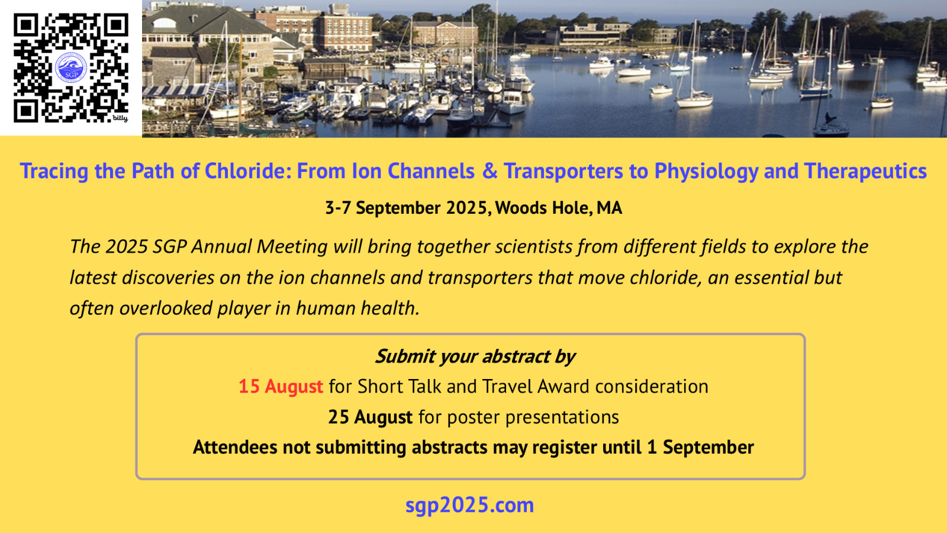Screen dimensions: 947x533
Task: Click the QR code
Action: (x=70, y=68)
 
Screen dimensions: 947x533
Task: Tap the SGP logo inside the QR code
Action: (x=71, y=68)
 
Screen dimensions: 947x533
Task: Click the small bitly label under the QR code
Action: (x=120, y=118)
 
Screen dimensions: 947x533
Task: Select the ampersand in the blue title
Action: (x=489, y=171)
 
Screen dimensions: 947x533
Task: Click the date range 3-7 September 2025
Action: (x=406, y=208)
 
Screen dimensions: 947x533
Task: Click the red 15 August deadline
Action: (x=281, y=387)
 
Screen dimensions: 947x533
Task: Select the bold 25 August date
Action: (x=371, y=417)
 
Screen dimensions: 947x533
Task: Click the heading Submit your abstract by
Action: (x=475, y=357)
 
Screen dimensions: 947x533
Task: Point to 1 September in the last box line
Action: (x=701, y=448)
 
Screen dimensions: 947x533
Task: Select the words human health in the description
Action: (x=357, y=308)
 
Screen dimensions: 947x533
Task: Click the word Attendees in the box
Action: (x=234, y=448)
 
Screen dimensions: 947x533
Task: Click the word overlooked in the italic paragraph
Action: (x=166, y=308)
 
